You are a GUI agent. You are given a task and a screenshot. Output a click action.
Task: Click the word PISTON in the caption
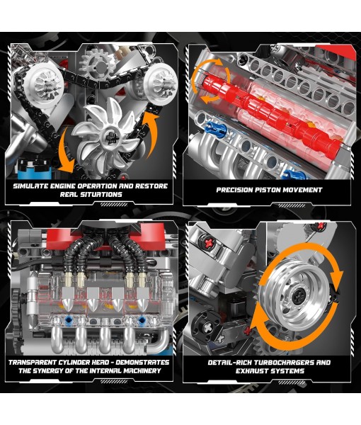point(270,190)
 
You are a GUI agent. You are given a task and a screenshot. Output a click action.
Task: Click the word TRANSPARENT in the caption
point(41,362)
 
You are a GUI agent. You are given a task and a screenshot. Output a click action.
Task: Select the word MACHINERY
point(149,372)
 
